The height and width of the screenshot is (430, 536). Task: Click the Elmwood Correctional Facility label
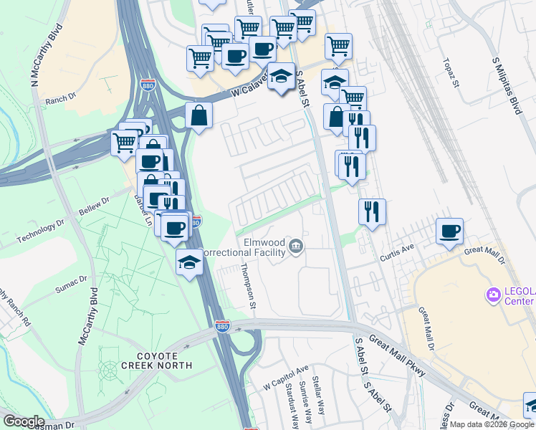244,248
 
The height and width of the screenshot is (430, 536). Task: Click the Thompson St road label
248,285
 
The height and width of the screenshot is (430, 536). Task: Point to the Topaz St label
450,72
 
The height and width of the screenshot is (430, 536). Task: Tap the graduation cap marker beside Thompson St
189,262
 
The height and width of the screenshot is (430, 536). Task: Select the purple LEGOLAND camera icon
492,294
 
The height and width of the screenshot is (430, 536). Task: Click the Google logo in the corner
24,421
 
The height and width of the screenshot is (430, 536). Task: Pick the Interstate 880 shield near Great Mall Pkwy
223,325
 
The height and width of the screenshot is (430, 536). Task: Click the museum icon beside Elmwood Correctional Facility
295,248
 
